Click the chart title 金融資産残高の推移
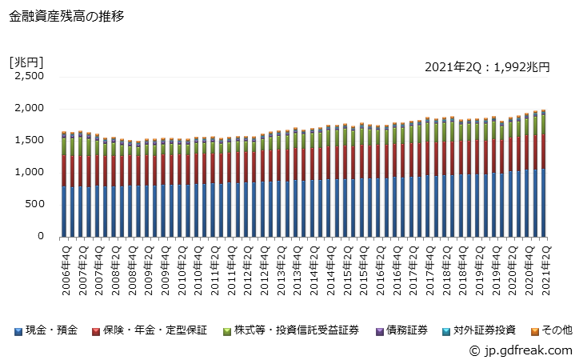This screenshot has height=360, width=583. [66, 15]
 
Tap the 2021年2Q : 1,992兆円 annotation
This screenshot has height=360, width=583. [487, 68]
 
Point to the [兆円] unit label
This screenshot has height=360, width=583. [26, 61]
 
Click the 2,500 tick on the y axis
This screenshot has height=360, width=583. [29, 76]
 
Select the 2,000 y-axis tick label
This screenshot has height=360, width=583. [29, 108]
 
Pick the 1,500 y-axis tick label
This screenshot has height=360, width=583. [29, 140]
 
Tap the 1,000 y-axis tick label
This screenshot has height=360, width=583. [29, 172]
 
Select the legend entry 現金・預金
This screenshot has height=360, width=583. [46, 330]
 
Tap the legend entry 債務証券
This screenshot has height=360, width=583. [405, 330]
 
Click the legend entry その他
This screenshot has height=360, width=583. [551, 330]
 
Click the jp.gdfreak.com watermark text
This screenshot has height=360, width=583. [525, 350]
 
